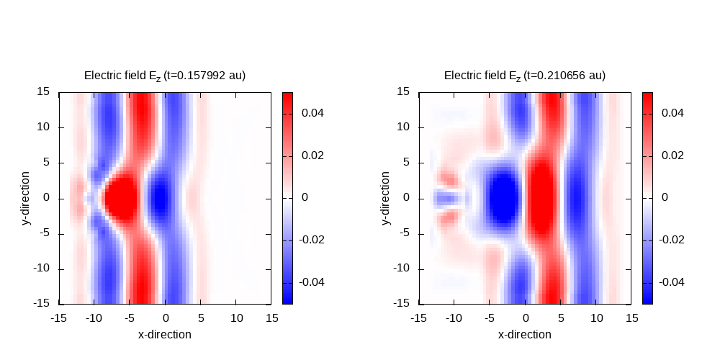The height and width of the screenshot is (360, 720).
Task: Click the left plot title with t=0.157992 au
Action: click(165, 76)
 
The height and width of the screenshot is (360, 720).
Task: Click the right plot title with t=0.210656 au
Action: click(525, 76)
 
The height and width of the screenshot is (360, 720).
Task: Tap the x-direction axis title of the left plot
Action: click(165, 334)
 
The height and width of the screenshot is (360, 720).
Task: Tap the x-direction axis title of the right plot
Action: click(525, 334)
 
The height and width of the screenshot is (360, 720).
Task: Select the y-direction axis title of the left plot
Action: click(27, 198)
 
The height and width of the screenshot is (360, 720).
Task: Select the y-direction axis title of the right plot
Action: click(387, 198)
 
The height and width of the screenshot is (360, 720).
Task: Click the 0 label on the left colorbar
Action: click(304, 197)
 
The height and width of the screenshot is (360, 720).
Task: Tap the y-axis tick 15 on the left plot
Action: click(44, 91)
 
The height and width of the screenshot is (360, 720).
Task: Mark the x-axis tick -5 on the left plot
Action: click(130, 318)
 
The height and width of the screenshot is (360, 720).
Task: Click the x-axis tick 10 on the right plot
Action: click(596, 318)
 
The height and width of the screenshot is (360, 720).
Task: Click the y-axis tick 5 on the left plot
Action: click(48, 162)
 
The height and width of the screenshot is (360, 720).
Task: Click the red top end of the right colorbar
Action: click(647, 96)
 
